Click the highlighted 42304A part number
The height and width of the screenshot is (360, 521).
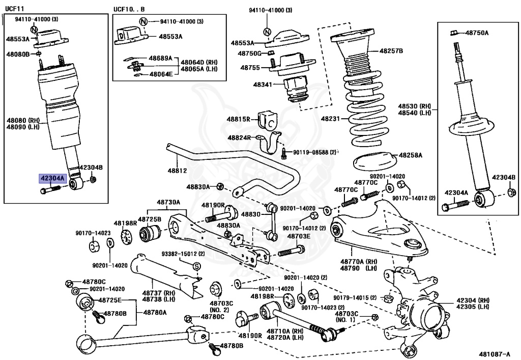coord(53,179)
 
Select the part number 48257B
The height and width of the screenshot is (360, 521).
coord(391,51)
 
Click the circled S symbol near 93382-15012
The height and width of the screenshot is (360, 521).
coord(196,266)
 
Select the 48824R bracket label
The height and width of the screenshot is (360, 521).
coord(239,137)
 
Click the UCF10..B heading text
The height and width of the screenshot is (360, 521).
coord(129,9)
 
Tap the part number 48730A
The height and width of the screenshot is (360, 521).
coord(168,202)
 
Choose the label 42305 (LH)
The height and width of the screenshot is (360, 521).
coord(473,307)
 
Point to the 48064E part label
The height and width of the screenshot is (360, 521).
coord(161,74)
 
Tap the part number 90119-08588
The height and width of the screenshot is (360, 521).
coord(314,152)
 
